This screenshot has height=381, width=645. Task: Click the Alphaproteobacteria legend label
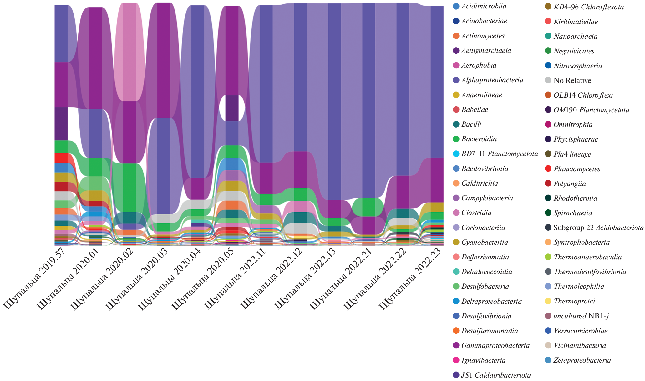[492, 80]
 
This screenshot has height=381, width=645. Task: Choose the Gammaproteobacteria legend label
[495, 345]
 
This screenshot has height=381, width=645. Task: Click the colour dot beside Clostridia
[456, 213]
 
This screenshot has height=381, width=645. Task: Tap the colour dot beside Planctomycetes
[548, 169]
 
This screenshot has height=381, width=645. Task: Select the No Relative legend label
[572, 81]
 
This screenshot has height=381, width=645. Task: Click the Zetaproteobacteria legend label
[582, 360]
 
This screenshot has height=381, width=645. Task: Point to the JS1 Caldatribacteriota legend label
[496, 375]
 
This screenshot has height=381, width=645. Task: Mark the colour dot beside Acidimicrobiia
[456, 6]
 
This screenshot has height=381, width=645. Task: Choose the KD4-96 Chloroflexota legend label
[588, 7]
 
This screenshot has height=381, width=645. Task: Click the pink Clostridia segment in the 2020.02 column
[130, 52]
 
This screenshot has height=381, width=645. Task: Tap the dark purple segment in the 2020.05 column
[232, 108]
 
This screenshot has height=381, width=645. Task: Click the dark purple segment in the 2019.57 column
[61, 123]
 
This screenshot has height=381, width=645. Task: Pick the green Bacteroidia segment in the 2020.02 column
[130, 188]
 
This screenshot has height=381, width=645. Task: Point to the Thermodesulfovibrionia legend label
[590, 272]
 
